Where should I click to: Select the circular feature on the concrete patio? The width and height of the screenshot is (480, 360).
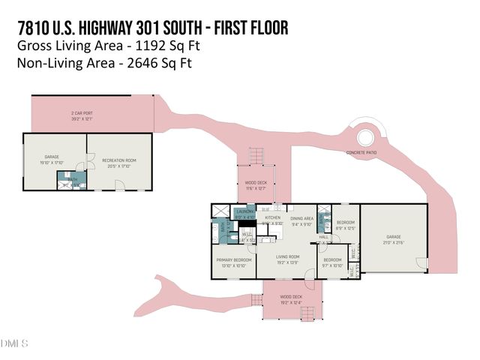point(367,138)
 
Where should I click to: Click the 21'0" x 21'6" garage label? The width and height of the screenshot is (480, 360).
point(393,239)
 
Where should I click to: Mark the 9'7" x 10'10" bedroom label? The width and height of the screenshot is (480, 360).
point(332,262)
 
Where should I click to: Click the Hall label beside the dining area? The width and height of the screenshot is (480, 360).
point(324,235)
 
